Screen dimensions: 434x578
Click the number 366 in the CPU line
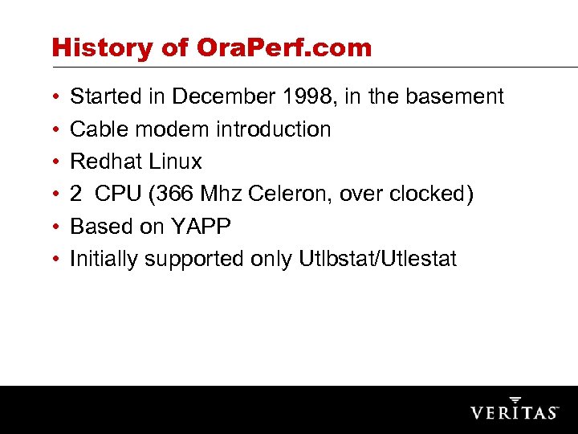pyautogui.click(x=181, y=194)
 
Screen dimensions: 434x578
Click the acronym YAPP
pyautogui.click(x=200, y=227)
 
